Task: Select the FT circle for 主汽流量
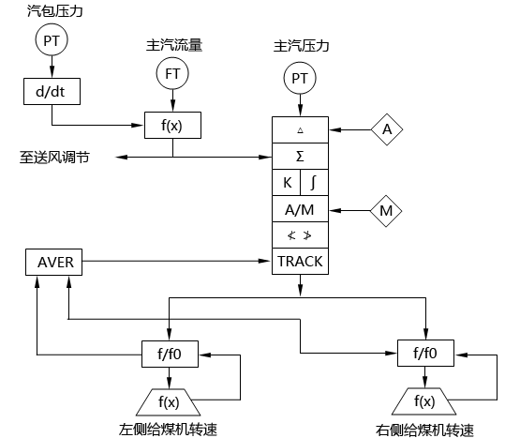click(172, 72)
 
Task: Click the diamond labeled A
click(386, 130)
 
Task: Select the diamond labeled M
click(386, 210)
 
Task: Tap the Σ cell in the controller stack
click(300, 155)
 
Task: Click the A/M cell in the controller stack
click(300, 209)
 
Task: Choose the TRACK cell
click(300, 262)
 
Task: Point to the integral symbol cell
click(314, 182)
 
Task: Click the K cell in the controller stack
click(286, 182)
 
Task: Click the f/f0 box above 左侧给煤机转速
click(170, 354)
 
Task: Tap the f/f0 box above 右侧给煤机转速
click(425, 354)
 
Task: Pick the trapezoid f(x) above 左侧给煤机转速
click(170, 401)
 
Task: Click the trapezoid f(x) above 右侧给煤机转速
click(425, 401)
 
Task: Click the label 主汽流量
click(171, 44)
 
